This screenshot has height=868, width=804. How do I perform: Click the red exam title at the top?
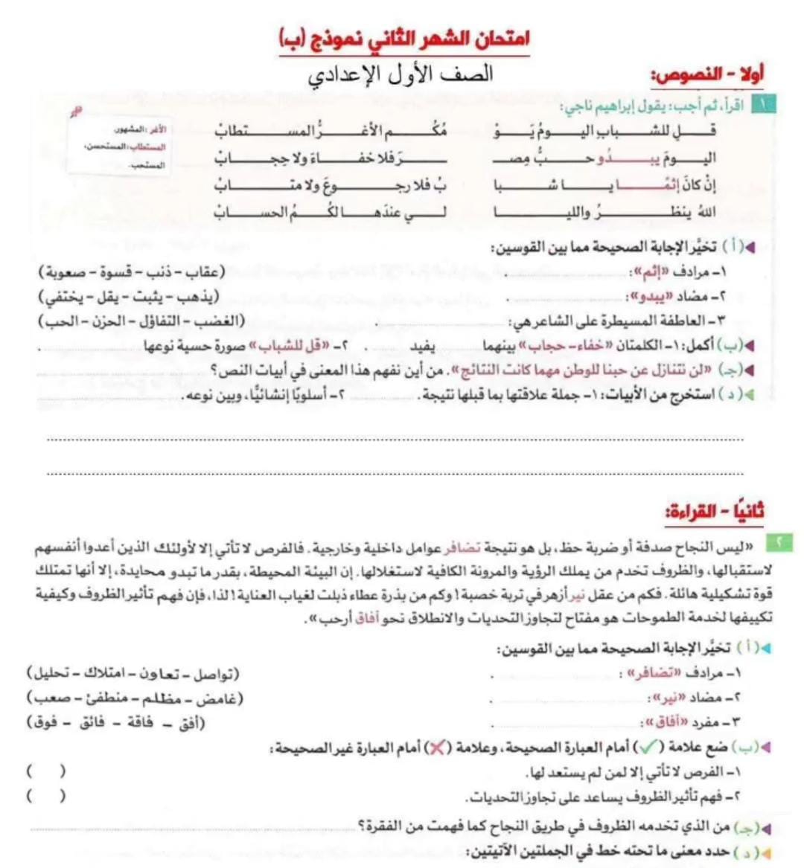(404, 38)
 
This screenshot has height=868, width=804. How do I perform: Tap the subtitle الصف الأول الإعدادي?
(401, 74)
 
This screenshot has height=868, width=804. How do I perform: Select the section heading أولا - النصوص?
(707, 74)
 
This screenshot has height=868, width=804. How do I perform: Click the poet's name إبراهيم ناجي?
(593, 106)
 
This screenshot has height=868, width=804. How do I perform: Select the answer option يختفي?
(62, 297)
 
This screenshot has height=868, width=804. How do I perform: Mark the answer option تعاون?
(156, 674)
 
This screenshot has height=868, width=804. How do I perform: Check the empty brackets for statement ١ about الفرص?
(46, 771)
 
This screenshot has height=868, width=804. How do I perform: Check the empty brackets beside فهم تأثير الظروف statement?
(46, 796)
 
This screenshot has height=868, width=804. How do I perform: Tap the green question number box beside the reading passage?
(778, 543)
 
